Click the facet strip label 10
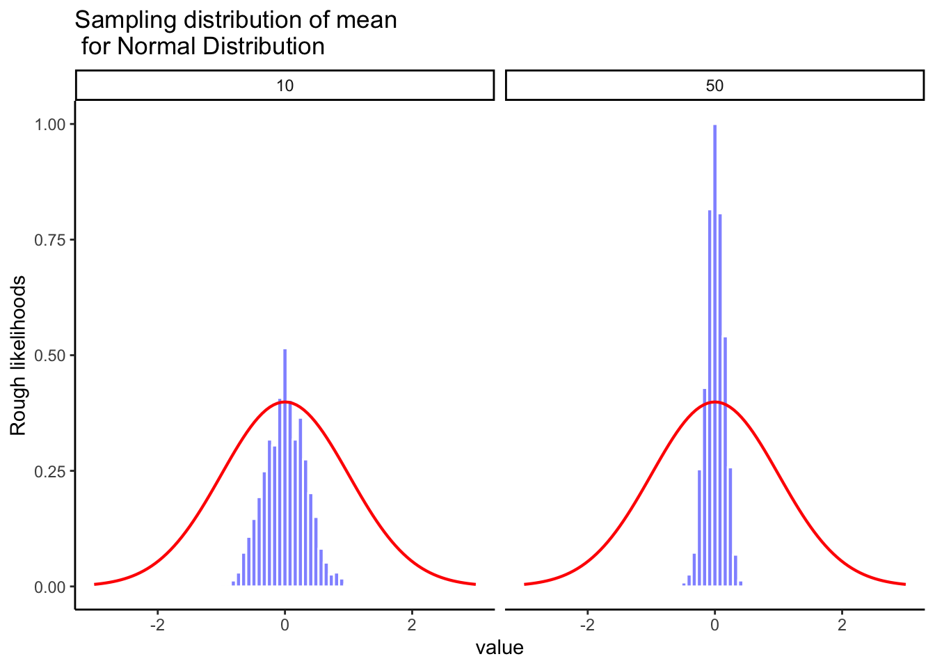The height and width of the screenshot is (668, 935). [285, 86]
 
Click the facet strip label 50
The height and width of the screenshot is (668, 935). [714, 86]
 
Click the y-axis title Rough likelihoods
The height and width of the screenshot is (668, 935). [18, 356]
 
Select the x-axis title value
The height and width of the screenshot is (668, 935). [500, 648]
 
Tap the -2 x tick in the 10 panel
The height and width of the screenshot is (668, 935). [157, 624]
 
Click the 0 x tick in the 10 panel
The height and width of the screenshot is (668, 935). [285, 624]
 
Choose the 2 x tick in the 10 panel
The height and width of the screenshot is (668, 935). [412, 624]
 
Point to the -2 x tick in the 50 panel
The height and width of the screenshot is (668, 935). [587, 624]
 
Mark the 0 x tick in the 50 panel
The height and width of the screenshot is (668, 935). [714, 624]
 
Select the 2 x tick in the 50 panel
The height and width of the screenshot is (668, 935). [842, 624]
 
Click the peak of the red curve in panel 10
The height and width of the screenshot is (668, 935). [285, 401]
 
